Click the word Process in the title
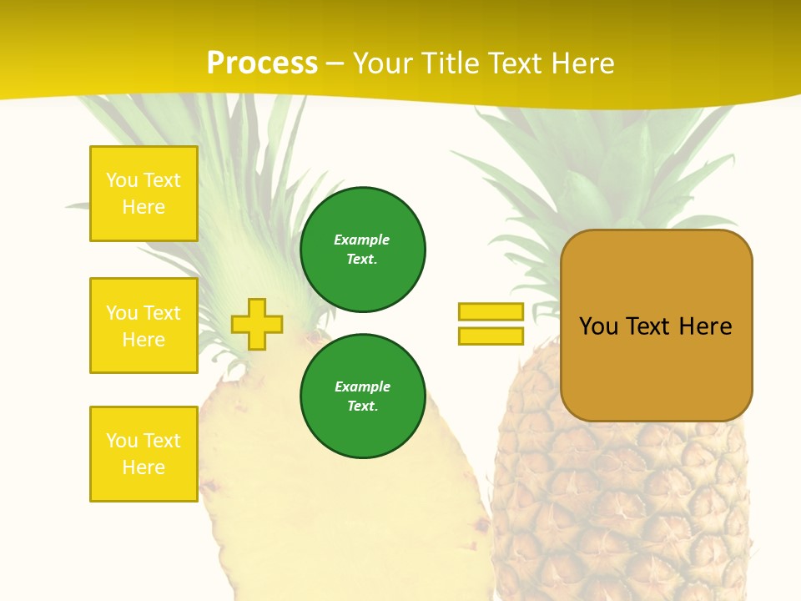[x=262, y=63]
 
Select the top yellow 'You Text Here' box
[x=144, y=194]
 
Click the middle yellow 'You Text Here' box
[x=144, y=326]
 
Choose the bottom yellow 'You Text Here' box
[x=144, y=454]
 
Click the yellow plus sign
[x=257, y=324]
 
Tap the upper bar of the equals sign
[x=491, y=311]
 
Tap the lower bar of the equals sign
[x=491, y=336]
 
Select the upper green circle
[x=362, y=250]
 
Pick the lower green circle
[x=362, y=396]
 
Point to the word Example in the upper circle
[x=362, y=240]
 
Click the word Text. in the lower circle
[x=362, y=407]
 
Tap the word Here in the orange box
[x=705, y=326]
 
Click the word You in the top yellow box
[x=120, y=180]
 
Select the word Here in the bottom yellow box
[x=144, y=467]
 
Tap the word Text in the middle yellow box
[x=162, y=313]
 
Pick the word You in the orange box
[x=598, y=326]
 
